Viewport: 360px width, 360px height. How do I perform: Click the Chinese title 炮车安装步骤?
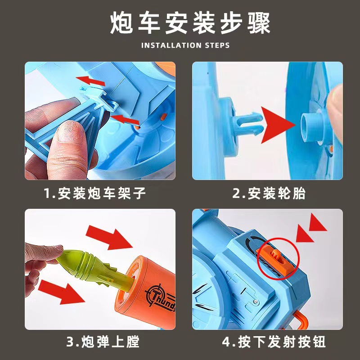coord(190,23)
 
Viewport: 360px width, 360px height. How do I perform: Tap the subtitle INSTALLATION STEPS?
coord(185,45)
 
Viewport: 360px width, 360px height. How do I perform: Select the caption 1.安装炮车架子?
coord(94,193)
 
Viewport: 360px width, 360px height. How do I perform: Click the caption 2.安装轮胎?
coord(269,193)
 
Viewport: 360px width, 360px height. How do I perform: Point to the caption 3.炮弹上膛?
coord(103,342)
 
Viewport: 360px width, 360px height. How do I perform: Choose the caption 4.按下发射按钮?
coord(274,342)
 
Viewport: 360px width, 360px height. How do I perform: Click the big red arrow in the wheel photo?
coord(278,125)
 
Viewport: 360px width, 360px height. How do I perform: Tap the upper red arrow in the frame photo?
coord(90,81)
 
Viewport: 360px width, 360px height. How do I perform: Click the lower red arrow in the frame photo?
coord(125,119)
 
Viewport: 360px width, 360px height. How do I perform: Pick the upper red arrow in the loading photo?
coord(109,238)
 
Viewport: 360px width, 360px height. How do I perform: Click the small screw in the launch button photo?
coord(256,301)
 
